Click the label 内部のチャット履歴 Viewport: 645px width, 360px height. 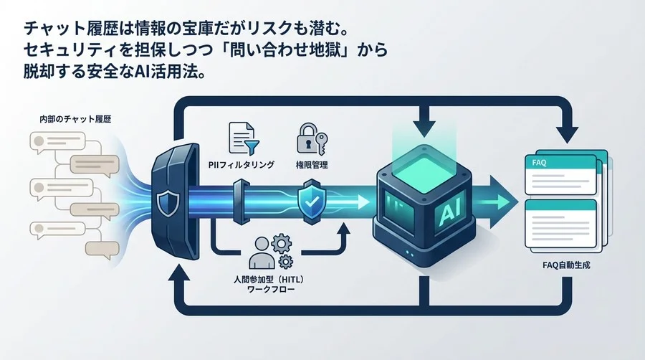click(x=70, y=117)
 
